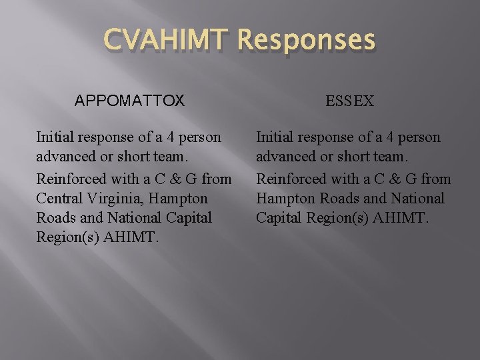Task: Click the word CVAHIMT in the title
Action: pos(166,41)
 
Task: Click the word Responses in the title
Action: pos(305,41)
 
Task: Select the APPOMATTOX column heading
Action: pos(129,101)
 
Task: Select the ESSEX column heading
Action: pos(350,101)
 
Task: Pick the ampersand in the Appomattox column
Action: pos(169,179)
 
